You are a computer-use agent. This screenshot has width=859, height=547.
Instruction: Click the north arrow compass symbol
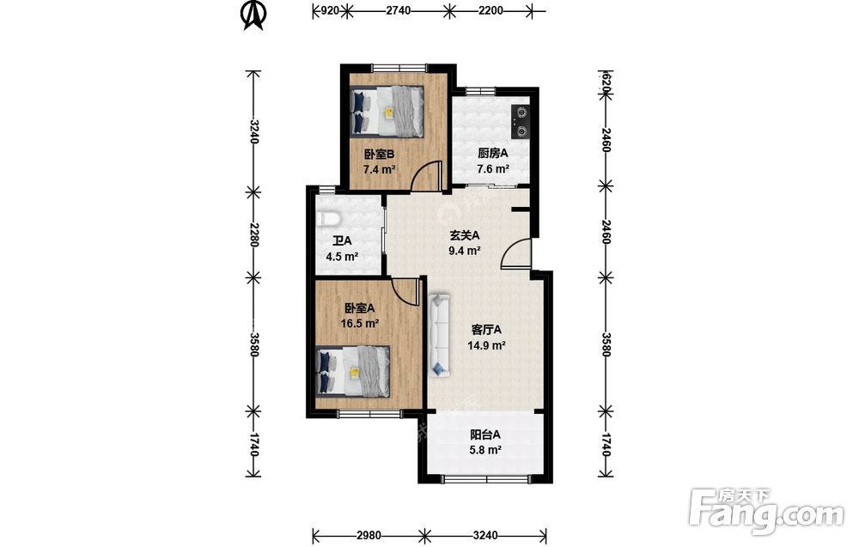tap(253, 15)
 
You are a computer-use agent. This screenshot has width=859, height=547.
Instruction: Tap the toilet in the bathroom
tap(329, 219)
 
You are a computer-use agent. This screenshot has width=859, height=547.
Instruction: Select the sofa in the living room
tap(439, 336)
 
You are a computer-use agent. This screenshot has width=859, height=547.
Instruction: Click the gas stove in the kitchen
tap(521, 121)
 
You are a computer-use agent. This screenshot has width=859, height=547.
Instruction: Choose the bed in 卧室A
tap(353, 371)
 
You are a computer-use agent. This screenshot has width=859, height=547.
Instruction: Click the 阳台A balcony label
tap(484, 435)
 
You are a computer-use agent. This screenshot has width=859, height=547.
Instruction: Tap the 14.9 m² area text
tap(486, 345)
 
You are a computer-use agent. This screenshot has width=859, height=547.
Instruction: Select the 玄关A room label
tap(465, 235)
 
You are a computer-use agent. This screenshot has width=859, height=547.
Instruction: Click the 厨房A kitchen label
tap(492, 154)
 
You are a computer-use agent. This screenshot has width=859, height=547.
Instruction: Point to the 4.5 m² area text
tap(342, 256)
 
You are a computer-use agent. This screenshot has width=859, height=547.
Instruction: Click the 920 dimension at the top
tap(329, 10)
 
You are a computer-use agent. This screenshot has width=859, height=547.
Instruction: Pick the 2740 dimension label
tap(398, 10)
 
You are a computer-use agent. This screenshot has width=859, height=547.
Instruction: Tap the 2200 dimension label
tap(490, 10)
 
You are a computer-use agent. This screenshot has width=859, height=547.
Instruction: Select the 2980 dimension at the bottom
tap(369, 535)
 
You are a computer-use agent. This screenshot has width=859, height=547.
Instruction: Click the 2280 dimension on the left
tap(253, 235)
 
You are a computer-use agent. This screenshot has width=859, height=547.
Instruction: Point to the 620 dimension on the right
tap(606, 80)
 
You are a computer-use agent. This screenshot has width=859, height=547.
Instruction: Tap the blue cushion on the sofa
tap(439, 369)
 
